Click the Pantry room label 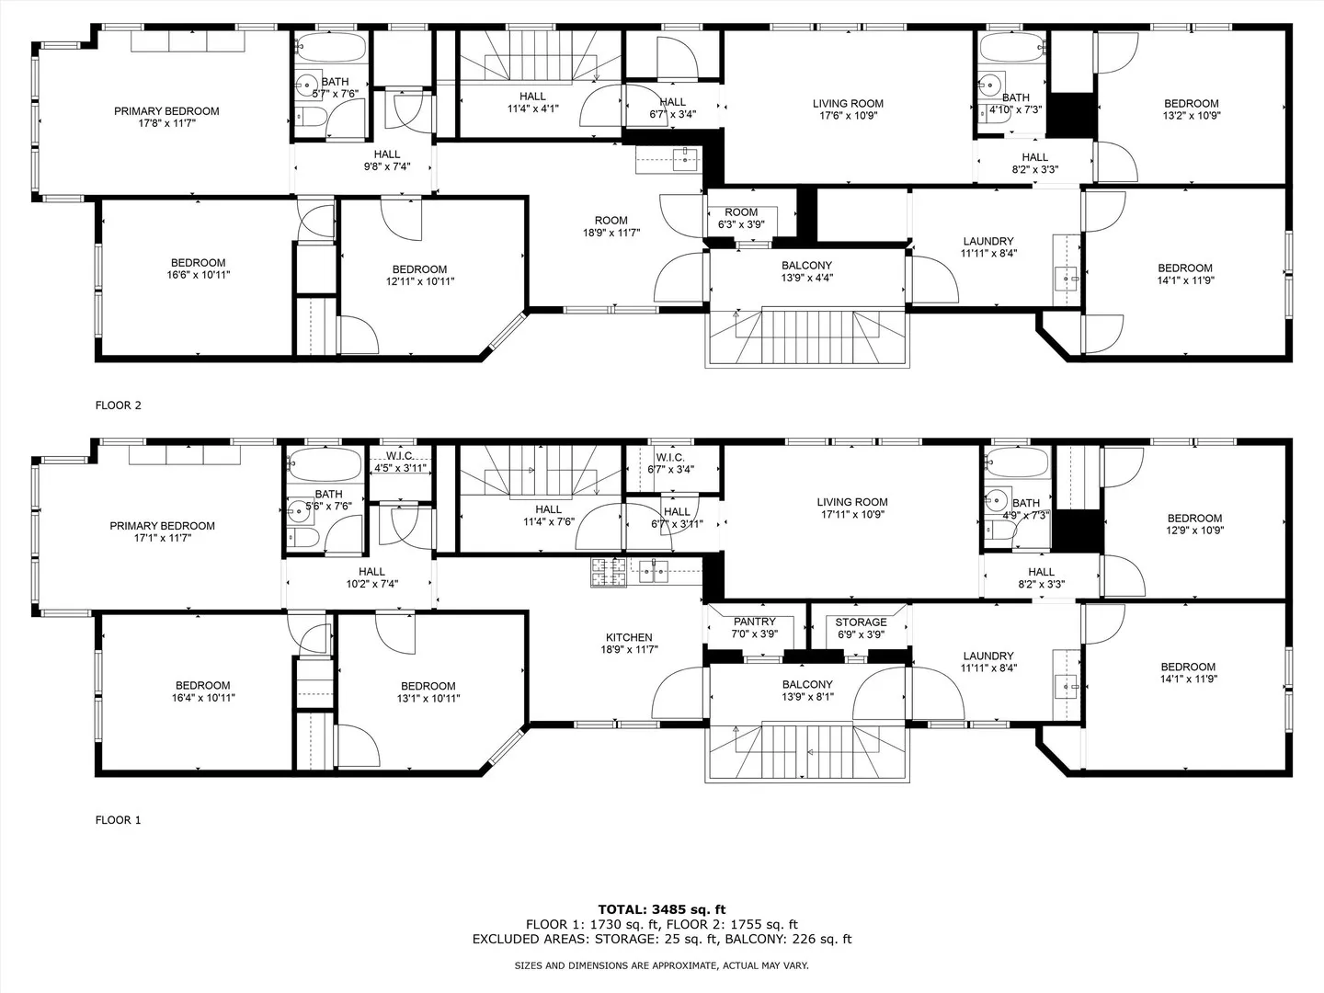pyautogui.click(x=755, y=622)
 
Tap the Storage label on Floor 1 pyautogui.click(x=861, y=622)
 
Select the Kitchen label pyautogui.click(x=629, y=637)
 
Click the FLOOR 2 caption pyautogui.click(x=119, y=405)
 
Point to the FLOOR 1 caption pyautogui.click(x=119, y=820)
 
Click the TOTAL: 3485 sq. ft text pyautogui.click(x=662, y=910)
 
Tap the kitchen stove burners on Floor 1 pyautogui.click(x=609, y=572)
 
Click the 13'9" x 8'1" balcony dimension pyautogui.click(x=807, y=697)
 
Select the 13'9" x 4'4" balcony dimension pyautogui.click(x=807, y=278)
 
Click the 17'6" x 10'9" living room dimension pyautogui.click(x=848, y=116)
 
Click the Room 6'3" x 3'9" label pyautogui.click(x=741, y=218)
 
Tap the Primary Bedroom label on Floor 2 pyautogui.click(x=166, y=111)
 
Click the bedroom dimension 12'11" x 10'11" pyautogui.click(x=420, y=281)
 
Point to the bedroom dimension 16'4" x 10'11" pyautogui.click(x=202, y=698)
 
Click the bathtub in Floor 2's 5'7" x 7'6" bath pyautogui.click(x=331, y=46)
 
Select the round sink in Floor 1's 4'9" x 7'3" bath pyautogui.click(x=996, y=499)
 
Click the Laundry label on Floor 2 pyautogui.click(x=988, y=241)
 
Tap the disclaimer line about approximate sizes pyautogui.click(x=661, y=965)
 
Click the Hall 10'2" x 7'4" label pyautogui.click(x=371, y=577)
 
